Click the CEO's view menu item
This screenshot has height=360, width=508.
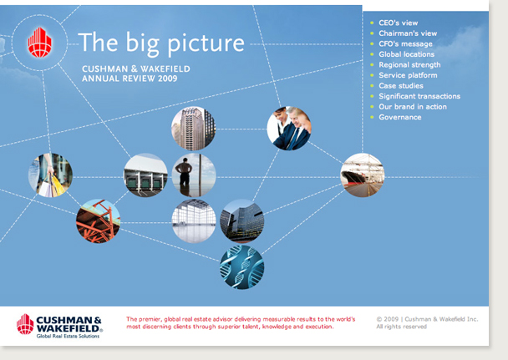tap(399, 23)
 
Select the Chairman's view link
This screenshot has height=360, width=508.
tap(408, 33)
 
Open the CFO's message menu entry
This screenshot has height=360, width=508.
tap(405, 44)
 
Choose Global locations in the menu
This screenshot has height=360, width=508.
tap(407, 54)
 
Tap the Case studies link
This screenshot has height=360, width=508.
tap(401, 86)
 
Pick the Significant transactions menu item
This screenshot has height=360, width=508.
tap(419, 96)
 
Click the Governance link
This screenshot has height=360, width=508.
tap(400, 117)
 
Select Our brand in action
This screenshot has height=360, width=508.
tap(413, 107)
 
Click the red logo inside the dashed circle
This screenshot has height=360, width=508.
tap(39, 43)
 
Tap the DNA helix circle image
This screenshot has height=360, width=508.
tap(242, 267)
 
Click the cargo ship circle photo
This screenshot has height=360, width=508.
tap(363, 175)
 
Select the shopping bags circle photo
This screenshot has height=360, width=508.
tap(50, 175)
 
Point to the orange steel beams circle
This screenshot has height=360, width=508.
tap(98, 221)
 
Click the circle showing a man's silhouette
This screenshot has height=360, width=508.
tap(193, 175)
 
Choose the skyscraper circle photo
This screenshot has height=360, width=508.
tap(193, 129)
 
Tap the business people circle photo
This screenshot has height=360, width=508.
tap(289, 129)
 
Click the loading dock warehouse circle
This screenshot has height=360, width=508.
tap(145, 175)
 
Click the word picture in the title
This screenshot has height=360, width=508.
tap(206, 44)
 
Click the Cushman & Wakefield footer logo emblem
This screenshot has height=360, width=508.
tap(25, 324)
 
